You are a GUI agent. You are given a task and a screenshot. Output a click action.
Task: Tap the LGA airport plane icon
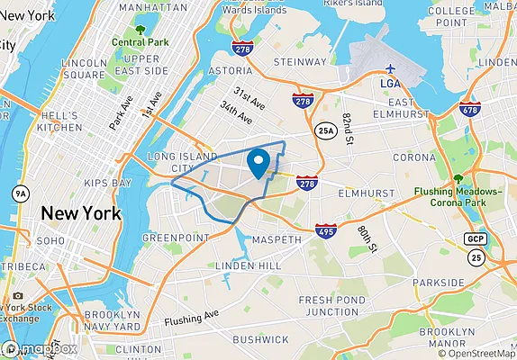pos(390,69)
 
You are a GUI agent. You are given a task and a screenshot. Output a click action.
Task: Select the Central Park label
pos(140,41)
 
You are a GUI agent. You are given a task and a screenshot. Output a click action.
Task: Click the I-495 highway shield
pos(326,231)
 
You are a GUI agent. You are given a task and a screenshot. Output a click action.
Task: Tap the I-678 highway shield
pos(469,108)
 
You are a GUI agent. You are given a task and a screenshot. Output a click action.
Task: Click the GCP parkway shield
pos(475,238)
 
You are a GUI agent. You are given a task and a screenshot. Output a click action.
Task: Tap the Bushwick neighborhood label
pos(259,339)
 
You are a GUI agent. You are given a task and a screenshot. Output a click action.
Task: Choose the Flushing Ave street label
pos(192,319)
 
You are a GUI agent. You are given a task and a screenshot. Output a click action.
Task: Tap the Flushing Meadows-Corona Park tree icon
pos(458,178)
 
